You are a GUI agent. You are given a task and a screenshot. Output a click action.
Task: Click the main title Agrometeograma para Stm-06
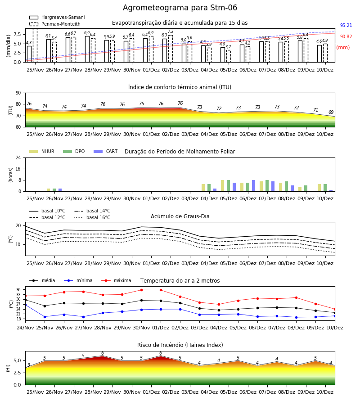(180, 8)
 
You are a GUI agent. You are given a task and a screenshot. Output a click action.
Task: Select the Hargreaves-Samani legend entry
(57, 17)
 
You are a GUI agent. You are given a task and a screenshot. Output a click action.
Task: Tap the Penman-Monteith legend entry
(55, 24)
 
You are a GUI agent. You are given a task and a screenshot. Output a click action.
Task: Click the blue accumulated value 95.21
(346, 25)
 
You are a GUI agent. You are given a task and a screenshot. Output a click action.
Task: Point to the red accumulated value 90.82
(346, 37)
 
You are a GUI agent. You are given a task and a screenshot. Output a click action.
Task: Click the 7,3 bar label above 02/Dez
(171, 31)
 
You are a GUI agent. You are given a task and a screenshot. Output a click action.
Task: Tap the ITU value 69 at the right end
(331, 112)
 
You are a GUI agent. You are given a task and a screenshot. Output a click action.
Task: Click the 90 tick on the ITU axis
(18, 93)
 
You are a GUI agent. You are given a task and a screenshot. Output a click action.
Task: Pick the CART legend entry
(106, 151)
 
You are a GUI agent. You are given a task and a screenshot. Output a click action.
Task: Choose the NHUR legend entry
(42, 151)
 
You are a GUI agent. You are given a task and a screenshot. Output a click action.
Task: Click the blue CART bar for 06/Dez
(254, 186)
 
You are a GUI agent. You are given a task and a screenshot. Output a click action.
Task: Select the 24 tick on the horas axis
(18, 157)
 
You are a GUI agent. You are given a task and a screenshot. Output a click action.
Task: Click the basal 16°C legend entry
(92, 217)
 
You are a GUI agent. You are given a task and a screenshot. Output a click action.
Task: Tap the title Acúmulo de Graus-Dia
(180, 216)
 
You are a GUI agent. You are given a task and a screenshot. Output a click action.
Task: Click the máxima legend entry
(116, 280)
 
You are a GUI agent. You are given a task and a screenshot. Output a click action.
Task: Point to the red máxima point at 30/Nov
(141, 290)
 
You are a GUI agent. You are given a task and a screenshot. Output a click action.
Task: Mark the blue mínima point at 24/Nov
(25, 305)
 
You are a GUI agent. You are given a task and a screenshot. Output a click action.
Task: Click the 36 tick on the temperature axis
(18, 290)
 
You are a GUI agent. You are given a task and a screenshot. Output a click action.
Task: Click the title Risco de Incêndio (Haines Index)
(180, 345)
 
